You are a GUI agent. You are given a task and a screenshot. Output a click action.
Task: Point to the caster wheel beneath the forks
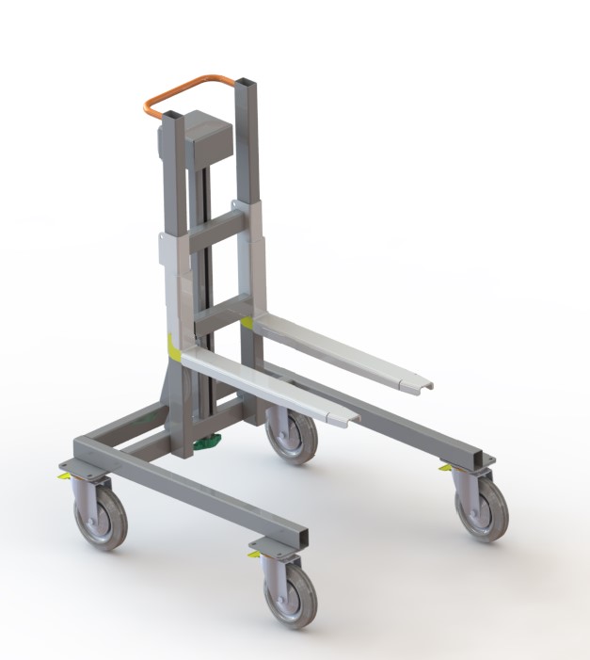[291, 436]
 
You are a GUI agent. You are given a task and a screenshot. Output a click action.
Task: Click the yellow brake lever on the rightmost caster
[445, 468]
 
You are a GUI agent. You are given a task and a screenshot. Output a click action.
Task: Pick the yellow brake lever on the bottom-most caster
[254, 555]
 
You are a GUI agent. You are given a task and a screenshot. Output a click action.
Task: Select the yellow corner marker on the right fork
[247, 323]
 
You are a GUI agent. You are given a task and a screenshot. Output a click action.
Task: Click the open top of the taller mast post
[245, 81]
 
